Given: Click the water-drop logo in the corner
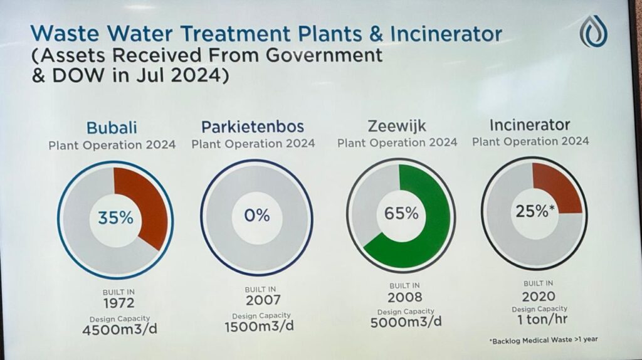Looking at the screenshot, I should (x=593, y=31).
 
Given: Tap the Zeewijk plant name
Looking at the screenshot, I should (x=397, y=125).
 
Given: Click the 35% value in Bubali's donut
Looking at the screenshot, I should (x=115, y=218).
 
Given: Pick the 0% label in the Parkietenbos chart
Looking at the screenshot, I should (x=257, y=215).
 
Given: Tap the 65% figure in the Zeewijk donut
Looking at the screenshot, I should (x=401, y=213).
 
